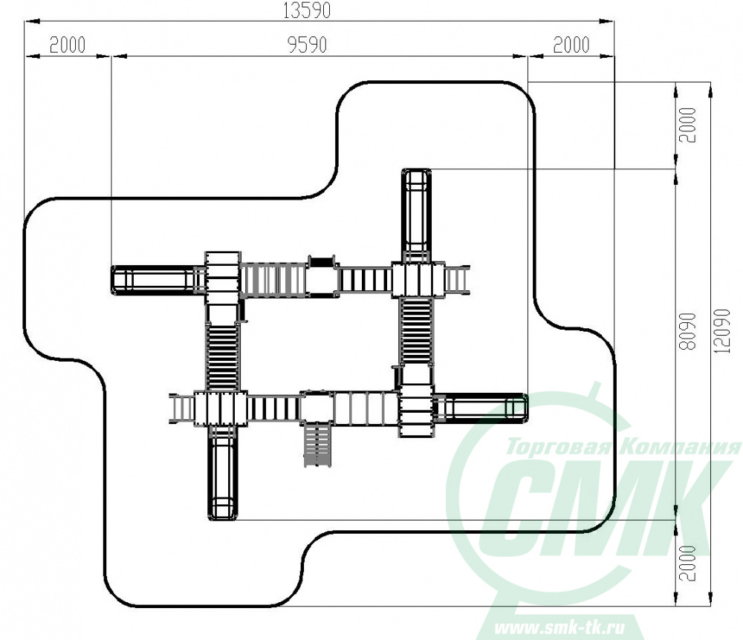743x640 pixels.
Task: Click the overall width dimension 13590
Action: click(x=306, y=11)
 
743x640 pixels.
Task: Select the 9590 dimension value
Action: click(x=307, y=45)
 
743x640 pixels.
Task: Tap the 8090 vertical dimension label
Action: click(x=687, y=331)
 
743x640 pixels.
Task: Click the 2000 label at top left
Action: click(x=68, y=45)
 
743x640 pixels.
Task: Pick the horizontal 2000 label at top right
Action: click(x=571, y=45)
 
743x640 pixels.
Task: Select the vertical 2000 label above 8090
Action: click(x=687, y=125)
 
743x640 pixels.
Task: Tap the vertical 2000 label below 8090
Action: click(x=687, y=563)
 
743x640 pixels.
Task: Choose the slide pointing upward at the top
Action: click(x=417, y=215)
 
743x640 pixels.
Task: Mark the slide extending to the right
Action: click(x=481, y=407)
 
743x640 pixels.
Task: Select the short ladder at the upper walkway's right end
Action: click(x=457, y=280)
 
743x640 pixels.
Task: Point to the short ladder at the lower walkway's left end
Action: click(x=181, y=407)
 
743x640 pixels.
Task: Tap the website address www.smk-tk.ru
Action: click(x=559, y=628)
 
